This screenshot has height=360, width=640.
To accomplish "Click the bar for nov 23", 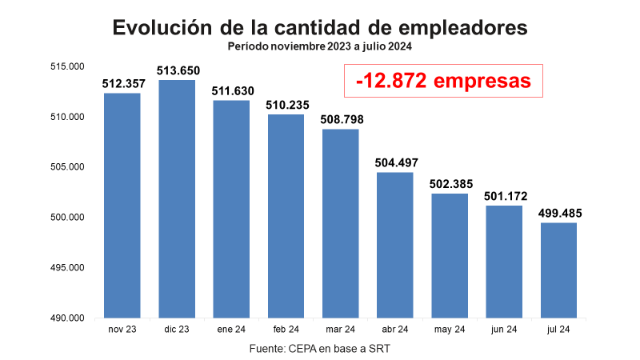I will [x=122, y=205].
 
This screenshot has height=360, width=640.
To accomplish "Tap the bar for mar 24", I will [x=341, y=223].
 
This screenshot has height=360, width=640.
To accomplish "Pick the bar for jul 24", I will [x=558, y=270].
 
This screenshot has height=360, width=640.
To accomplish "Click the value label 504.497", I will [x=396, y=162].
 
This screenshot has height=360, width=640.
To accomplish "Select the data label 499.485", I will [x=560, y=213].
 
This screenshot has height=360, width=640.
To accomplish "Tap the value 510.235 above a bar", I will [x=286, y=104].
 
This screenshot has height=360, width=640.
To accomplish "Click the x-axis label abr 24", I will [x=395, y=330].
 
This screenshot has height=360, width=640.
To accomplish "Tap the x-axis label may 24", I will [x=450, y=330].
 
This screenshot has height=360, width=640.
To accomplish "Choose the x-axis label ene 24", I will [x=231, y=330].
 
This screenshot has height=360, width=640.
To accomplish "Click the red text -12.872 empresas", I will [x=443, y=81].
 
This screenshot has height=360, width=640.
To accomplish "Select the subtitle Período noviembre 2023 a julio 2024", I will [x=320, y=46].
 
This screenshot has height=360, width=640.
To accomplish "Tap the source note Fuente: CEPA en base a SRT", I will [x=320, y=349].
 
